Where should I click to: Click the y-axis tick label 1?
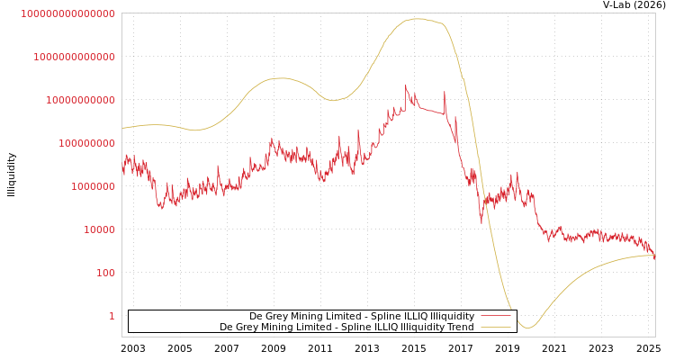[112, 316]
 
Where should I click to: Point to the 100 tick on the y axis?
[105, 273]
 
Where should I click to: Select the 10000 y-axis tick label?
[99, 229]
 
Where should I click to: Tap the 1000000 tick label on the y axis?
[93, 186]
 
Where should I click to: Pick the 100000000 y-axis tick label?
[86, 143]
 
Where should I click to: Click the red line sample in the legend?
[495, 317]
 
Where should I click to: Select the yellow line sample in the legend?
[495, 328]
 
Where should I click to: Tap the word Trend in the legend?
[460, 328]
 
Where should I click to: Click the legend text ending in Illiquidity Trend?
[346, 328]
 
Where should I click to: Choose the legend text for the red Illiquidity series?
[362, 317]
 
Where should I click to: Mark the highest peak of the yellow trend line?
[417, 18]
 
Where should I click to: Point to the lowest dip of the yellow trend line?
[528, 328]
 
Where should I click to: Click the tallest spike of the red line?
[406, 85]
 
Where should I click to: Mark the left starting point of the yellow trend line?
[122, 129]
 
